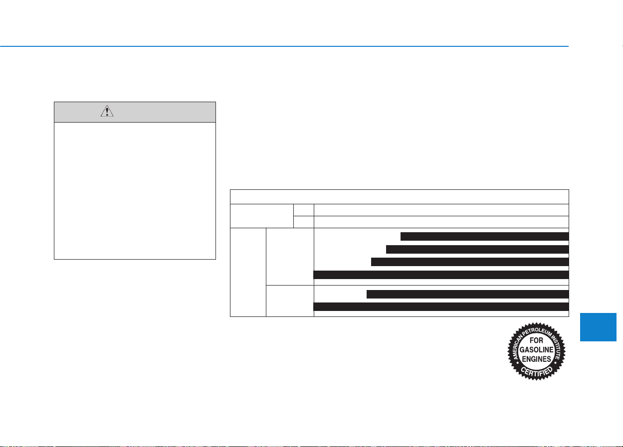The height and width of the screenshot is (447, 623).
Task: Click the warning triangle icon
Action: (x=107, y=111)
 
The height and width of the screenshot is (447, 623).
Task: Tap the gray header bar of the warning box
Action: (x=135, y=112)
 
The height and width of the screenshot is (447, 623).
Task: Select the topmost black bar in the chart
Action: (x=484, y=236)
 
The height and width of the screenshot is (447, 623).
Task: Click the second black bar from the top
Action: (x=477, y=249)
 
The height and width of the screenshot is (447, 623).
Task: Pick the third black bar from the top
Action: (x=470, y=262)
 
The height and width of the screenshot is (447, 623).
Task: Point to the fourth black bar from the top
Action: (x=441, y=275)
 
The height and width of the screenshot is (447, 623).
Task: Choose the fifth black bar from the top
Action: (x=467, y=294)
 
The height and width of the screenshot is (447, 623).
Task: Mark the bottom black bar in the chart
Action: (x=441, y=306)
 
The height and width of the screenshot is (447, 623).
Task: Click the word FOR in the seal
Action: (x=536, y=340)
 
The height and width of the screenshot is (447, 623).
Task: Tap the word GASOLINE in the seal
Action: (x=537, y=350)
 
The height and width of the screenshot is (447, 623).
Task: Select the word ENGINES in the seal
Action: (x=537, y=359)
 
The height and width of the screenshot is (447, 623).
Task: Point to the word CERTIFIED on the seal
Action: (x=537, y=372)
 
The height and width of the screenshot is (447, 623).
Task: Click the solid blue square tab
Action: (x=598, y=327)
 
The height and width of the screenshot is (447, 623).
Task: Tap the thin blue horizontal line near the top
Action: (x=284, y=46)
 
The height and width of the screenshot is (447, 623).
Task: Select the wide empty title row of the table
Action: (x=400, y=197)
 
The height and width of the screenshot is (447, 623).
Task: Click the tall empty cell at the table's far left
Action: (x=248, y=272)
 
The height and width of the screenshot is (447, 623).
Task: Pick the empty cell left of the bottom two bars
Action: (x=290, y=301)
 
